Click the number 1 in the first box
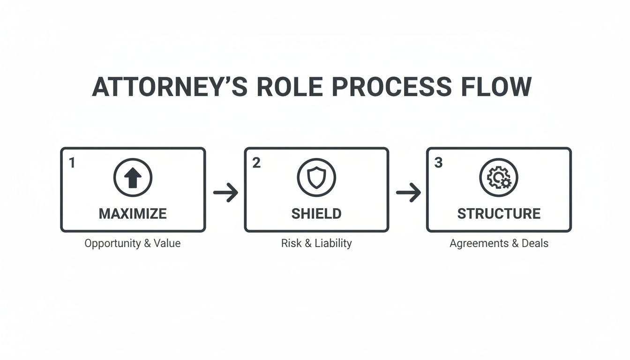(72, 163)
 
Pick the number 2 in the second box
(256, 163)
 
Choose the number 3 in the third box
(438, 163)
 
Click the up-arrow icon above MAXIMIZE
(133, 178)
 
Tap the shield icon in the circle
(316, 178)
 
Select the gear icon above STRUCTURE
(499, 178)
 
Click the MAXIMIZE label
(133, 214)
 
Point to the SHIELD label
(316, 214)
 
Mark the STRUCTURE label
(499, 214)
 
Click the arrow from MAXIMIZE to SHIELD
(225, 192)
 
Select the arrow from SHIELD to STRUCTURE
(408, 192)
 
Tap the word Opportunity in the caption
(113, 244)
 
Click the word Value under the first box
(168, 244)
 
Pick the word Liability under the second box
(333, 244)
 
